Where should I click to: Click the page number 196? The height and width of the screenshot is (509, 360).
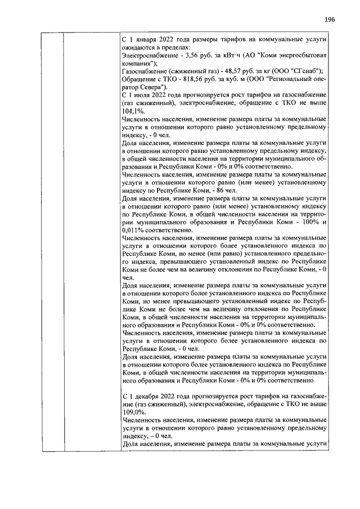point(330,19)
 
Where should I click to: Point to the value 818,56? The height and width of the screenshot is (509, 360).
point(190,80)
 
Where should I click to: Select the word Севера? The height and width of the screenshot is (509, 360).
point(151,88)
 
